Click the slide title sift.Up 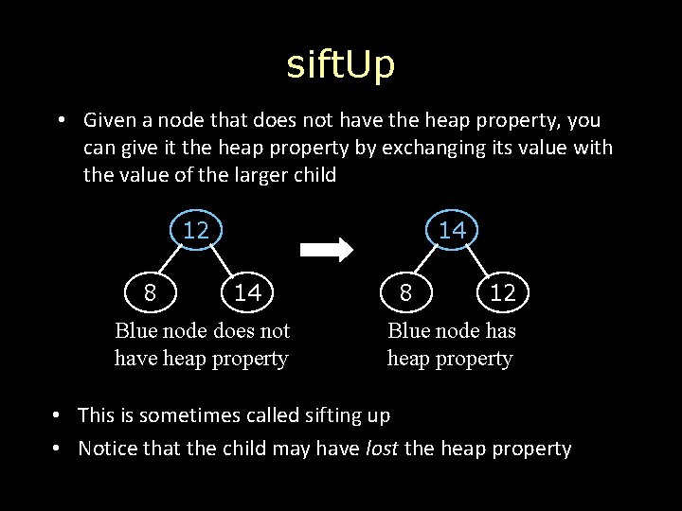pos(341,64)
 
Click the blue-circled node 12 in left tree pos(196,230)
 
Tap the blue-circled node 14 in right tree pos(453,230)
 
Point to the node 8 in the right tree pos(405,292)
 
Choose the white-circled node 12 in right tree pos(502,293)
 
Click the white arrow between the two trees pos(326,250)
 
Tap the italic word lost pos(382,449)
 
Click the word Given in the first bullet pos(110,121)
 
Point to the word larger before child pos(262,175)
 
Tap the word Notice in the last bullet pos(107,449)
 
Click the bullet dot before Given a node pos(60,121)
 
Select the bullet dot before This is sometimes pos(58,415)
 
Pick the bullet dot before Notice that pos(58,449)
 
